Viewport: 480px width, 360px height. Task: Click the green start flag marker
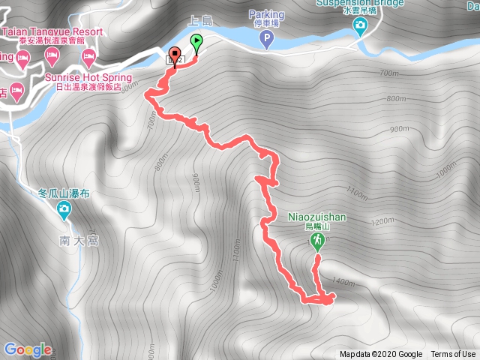tap(196, 43)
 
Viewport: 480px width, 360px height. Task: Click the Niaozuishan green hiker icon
tap(318, 240)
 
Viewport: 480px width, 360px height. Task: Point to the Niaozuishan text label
tap(317, 217)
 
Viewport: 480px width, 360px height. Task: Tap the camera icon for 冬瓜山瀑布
tap(64, 208)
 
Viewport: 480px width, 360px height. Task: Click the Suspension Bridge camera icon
tap(360, 28)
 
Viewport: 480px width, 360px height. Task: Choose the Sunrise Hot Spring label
tap(88, 78)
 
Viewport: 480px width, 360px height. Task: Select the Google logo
tap(28, 349)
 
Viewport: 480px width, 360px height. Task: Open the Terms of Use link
tap(453, 355)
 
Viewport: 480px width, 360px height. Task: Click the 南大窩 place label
tap(78, 241)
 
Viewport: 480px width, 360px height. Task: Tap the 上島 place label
tap(203, 21)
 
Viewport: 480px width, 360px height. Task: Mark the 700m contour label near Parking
tap(388, 73)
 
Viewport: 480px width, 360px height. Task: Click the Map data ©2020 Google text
tap(380, 355)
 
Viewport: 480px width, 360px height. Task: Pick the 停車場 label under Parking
tap(268, 23)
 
